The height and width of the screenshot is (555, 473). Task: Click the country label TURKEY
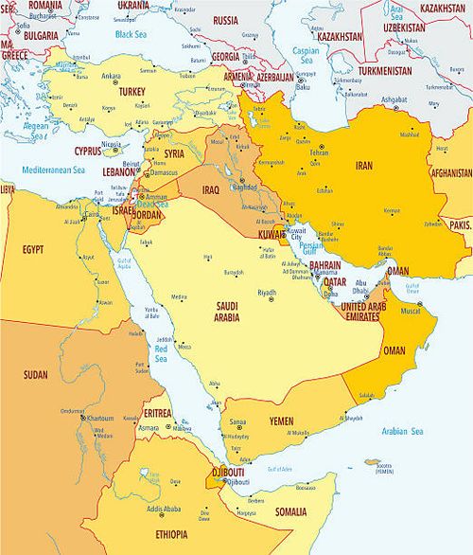point(130,92)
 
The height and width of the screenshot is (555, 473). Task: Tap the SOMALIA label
point(291,511)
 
